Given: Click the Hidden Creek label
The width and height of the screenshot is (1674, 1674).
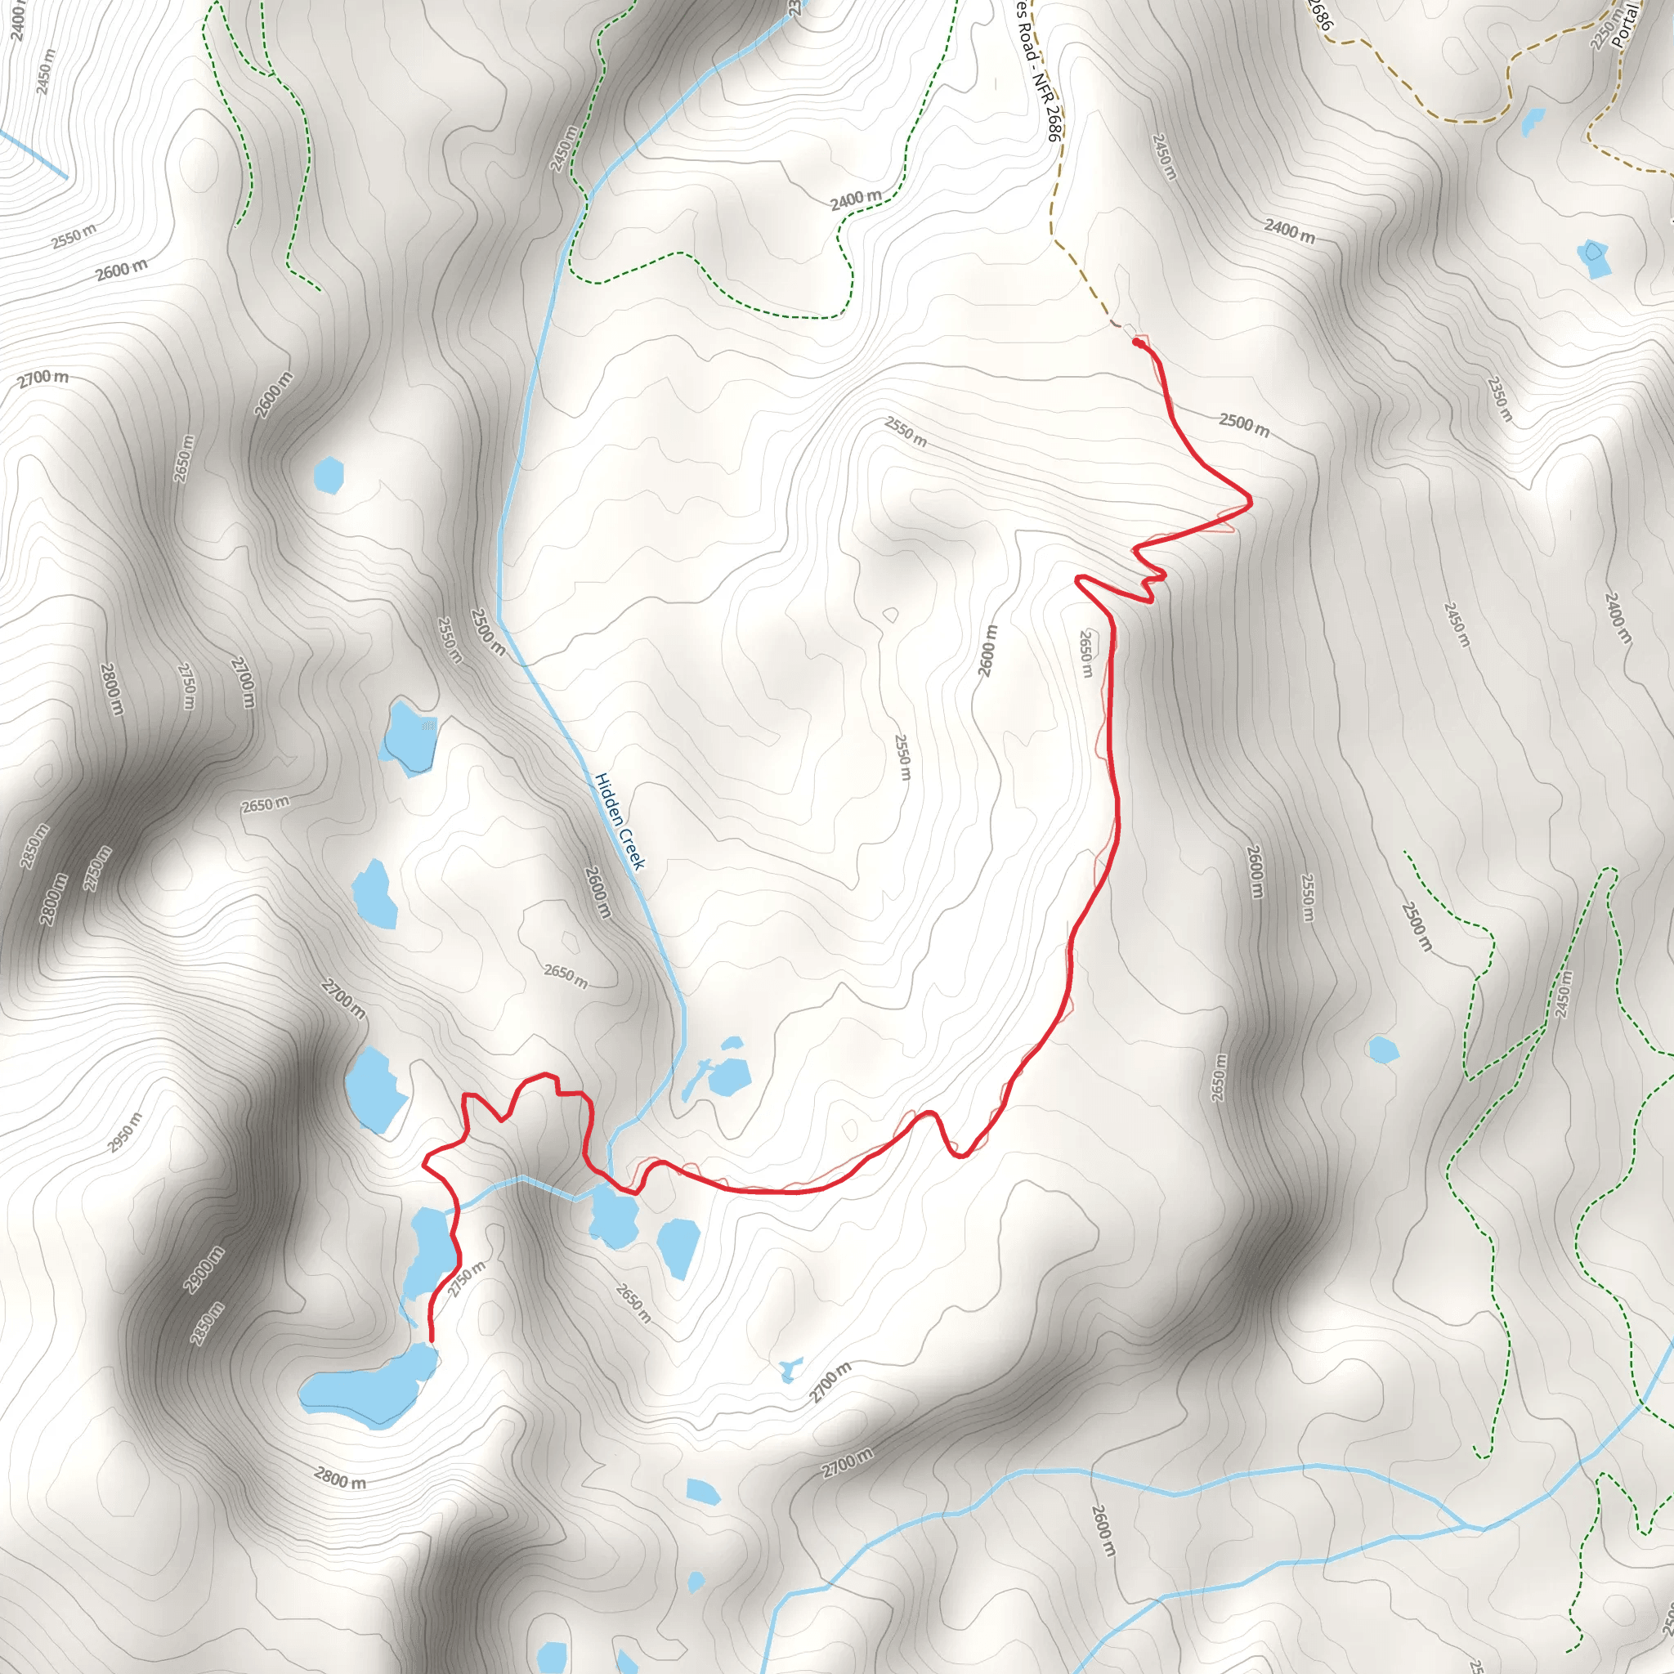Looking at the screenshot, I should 620,821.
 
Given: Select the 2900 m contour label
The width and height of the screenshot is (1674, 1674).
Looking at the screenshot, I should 204,1269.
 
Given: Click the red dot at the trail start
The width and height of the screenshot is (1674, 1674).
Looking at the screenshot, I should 1137,343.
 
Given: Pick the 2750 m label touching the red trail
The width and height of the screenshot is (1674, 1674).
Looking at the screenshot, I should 467,1279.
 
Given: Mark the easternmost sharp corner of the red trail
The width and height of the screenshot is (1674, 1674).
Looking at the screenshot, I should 1250,500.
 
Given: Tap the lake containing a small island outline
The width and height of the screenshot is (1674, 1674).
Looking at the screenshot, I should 1593,258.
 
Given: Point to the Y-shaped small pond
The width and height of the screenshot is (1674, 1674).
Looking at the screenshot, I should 790,1370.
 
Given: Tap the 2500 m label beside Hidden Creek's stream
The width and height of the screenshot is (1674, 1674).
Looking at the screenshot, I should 488,631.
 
